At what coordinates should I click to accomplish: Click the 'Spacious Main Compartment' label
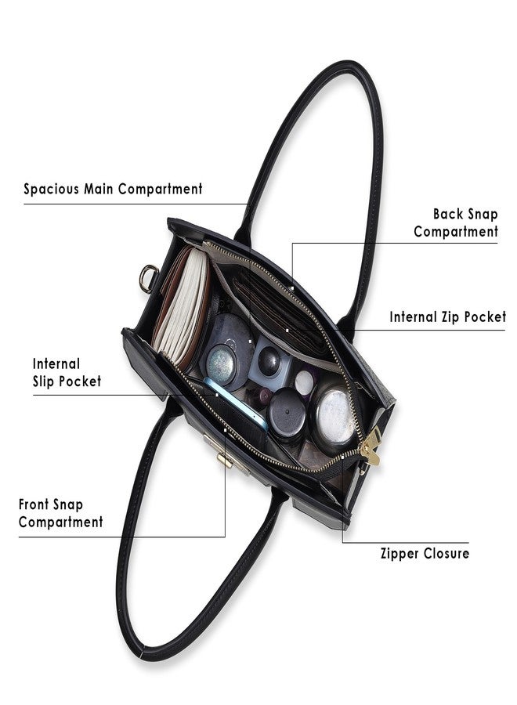click(113, 189)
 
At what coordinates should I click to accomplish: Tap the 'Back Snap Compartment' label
click(456, 222)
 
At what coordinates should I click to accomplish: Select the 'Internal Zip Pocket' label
click(448, 317)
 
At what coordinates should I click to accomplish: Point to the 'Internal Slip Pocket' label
click(67, 373)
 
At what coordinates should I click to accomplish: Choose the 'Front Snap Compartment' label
click(60, 513)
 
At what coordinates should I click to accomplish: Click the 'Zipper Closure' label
click(425, 554)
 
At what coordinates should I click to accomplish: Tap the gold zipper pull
click(371, 447)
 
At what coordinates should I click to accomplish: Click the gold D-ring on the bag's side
click(148, 278)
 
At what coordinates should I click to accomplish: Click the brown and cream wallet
click(182, 305)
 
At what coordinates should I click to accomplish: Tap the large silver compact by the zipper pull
click(335, 414)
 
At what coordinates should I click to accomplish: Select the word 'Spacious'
click(51, 189)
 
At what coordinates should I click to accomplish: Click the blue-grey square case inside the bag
click(269, 363)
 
